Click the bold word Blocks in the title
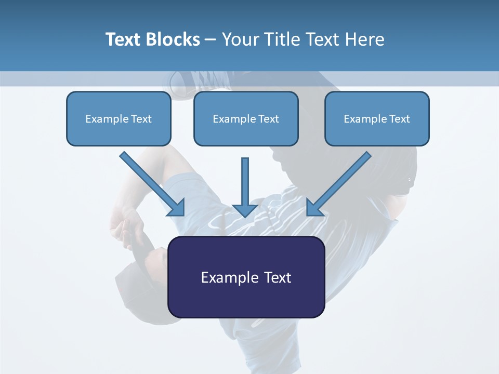click(173, 39)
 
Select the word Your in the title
click(240, 39)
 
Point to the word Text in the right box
click(400, 119)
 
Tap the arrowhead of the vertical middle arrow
click(245, 210)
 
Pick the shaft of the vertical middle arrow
click(245, 179)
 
